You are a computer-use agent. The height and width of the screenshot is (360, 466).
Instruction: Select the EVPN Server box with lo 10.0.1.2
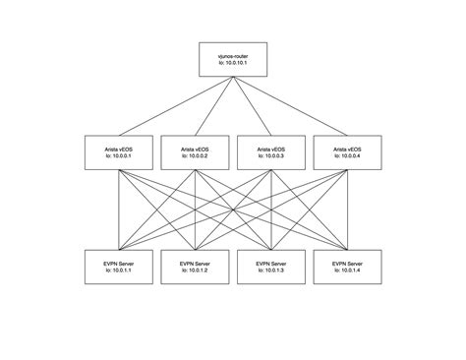194,268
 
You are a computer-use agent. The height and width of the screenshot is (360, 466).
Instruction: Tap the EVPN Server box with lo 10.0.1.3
271,268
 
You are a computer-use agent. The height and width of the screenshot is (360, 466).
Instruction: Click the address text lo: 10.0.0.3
271,155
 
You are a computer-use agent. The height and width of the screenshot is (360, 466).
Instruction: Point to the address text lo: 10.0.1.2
194,272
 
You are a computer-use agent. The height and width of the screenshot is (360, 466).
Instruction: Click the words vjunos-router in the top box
233,57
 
